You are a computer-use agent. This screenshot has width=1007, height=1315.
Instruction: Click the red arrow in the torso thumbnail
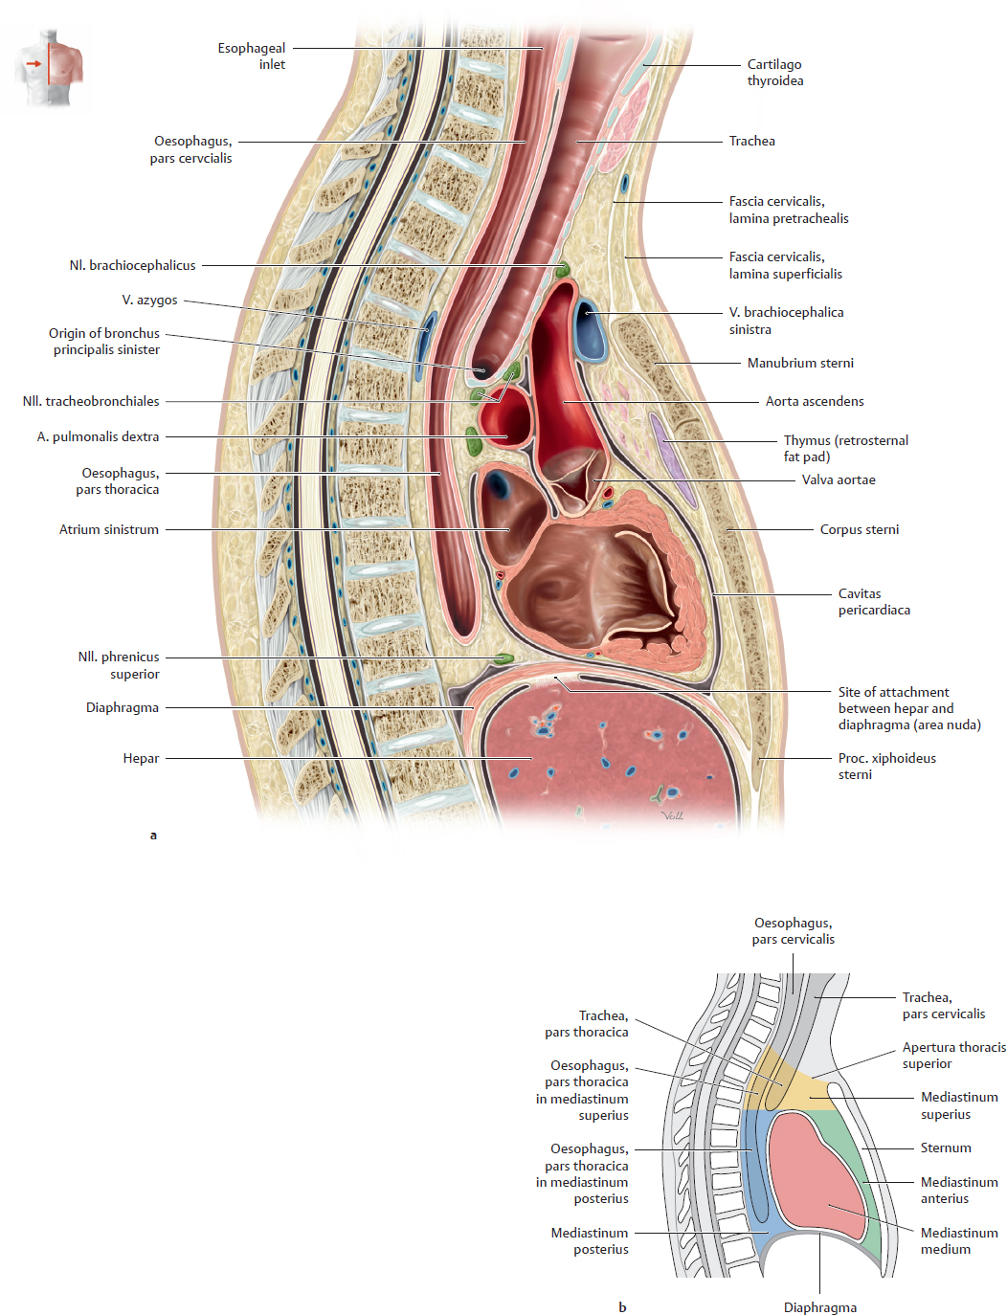[x=34, y=63]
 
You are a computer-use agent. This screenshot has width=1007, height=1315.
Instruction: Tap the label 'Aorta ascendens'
[x=814, y=401]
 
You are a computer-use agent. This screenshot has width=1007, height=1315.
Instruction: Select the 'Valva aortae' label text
[x=839, y=479]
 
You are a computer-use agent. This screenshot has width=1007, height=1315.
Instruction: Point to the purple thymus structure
[x=672, y=460]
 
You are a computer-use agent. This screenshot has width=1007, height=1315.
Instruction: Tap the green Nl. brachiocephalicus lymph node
[x=564, y=269]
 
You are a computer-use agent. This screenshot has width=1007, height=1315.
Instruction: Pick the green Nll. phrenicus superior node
[x=503, y=657]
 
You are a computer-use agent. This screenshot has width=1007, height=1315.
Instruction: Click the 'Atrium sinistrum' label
[x=109, y=529]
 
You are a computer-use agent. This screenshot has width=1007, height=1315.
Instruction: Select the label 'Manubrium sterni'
[x=800, y=363]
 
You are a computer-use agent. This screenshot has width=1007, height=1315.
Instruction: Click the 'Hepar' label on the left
[x=141, y=758]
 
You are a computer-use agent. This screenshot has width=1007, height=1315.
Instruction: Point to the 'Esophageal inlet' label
[x=251, y=56]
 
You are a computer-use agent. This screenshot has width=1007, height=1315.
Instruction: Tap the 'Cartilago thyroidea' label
[x=775, y=73]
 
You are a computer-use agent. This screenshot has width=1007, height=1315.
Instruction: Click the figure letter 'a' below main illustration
[x=153, y=836]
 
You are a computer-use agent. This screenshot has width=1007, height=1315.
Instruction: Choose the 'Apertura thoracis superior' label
[x=953, y=1056]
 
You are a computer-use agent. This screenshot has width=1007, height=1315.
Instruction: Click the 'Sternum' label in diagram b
[x=946, y=1148]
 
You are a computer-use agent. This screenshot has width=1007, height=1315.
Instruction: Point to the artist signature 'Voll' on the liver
[x=672, y=815]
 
